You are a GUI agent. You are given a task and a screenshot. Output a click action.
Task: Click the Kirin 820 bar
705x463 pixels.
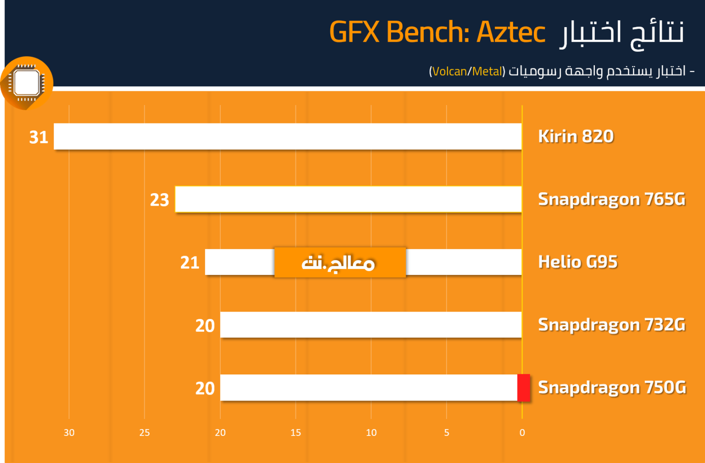tap(288, 136)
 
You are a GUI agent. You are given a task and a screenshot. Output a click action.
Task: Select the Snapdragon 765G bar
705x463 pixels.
tap(348, 199)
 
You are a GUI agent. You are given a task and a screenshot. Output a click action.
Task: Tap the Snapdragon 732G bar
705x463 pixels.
tap(371, 325)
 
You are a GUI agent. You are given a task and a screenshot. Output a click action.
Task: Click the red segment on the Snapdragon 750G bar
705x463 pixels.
tap(524, 387)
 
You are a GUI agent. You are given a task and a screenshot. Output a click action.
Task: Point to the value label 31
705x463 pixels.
tap(39, 137)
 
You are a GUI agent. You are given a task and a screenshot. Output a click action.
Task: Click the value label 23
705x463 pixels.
tap(159, 200)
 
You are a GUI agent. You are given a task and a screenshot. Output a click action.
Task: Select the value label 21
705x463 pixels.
tap(190, 263)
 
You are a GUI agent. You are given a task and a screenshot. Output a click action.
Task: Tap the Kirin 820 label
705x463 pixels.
tap(576, 136)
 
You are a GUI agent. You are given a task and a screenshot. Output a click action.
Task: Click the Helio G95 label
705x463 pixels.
tap(578, 262)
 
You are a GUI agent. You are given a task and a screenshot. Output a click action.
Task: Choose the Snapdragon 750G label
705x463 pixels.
tap(612, 387)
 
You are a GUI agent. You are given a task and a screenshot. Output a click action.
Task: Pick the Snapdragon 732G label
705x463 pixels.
tap(611, 325)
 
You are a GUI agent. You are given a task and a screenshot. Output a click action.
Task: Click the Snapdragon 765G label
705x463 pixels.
tap(611, 199)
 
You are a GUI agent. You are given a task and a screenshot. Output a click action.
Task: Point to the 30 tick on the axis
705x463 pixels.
tap(69, 433)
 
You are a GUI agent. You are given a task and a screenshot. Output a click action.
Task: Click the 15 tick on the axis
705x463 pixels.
tap(296, 433)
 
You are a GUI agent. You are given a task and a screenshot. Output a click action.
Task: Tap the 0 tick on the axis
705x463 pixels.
tap(522, 433)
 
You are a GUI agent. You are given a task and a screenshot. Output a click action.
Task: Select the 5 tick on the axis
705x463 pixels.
tap(447, 433)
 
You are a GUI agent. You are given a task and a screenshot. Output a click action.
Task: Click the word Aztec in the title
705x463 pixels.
tap(511, 32)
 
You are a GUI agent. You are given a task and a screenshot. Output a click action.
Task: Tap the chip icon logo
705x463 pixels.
tap(27, 83)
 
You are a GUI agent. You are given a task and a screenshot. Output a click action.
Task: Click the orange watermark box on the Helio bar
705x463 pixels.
tap(340, 262)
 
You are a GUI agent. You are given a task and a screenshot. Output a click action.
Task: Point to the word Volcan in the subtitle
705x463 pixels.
tap(450, 72)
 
